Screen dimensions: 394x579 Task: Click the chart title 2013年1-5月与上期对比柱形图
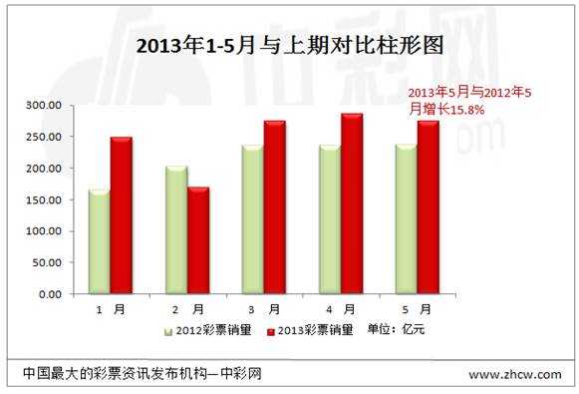[289, 46]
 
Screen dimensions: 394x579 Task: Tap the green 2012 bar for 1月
[99, 241]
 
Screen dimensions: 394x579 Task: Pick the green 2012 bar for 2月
[175, 229]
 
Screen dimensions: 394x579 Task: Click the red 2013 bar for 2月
[197, 240]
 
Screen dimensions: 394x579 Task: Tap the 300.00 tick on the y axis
[42, 105]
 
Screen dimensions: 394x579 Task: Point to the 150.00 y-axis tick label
[42, 199]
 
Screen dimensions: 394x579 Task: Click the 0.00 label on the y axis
[48, 294]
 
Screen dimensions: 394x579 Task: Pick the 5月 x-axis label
[418, 310]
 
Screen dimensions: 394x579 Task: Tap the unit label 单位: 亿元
[396, 330]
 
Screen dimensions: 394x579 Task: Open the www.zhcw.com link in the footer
[511, 375]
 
